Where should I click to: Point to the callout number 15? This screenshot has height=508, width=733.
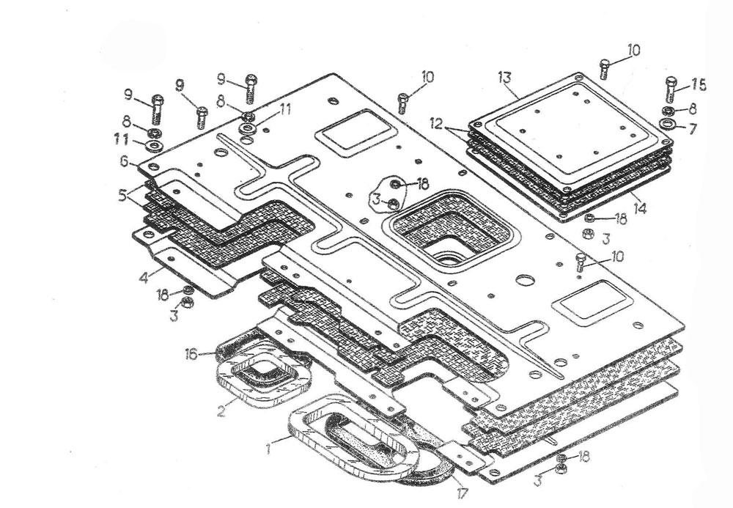699,86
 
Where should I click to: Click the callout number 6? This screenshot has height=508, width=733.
125,161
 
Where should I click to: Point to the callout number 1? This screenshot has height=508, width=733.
269,444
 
